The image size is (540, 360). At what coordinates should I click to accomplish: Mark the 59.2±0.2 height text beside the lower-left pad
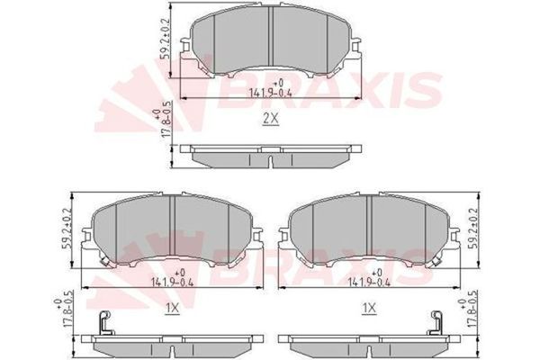click(66, 229)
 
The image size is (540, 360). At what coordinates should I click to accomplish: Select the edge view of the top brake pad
click(270, 156)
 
